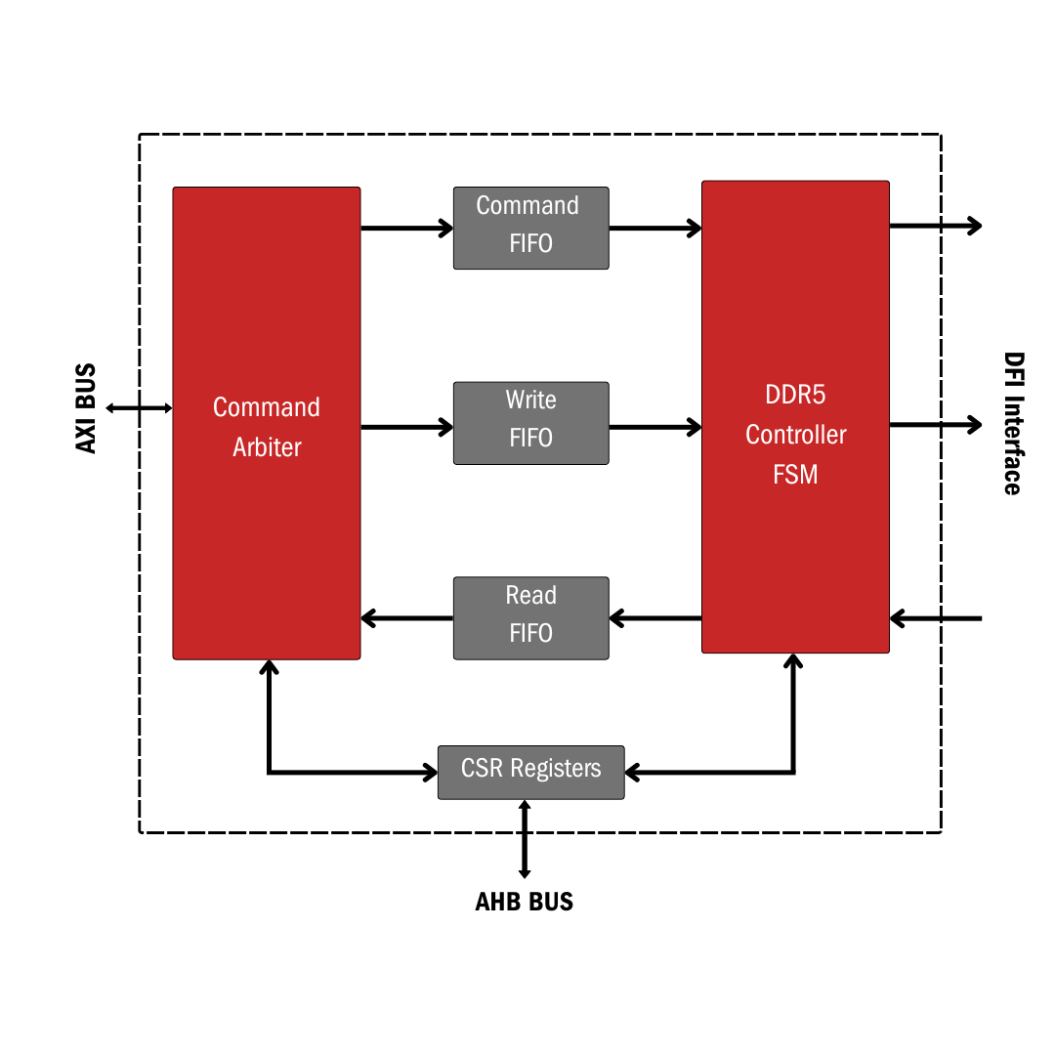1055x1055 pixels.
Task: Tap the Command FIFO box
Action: (530, 228)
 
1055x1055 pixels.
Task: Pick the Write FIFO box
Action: (530, 423)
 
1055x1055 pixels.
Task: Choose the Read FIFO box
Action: (530, 617)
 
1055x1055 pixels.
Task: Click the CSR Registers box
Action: (530, 772)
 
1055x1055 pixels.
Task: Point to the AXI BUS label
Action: (86, 408)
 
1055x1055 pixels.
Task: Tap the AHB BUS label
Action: (524, 902)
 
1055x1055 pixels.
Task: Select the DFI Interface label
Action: (1013, 424)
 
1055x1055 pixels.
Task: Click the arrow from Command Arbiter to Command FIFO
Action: (406, 229)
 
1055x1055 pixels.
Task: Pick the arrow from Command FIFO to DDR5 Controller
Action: (654, 229)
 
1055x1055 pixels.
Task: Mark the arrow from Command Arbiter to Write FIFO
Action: (406, 427)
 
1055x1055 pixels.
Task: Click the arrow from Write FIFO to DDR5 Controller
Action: (654, 427)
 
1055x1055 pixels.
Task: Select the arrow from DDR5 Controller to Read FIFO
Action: (654, 618)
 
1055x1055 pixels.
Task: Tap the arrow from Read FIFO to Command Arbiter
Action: (406, 618)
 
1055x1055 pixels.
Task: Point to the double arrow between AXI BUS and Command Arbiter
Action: (139, 407)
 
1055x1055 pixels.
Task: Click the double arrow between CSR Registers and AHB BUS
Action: (525, 838)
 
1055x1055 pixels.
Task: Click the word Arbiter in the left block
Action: (267, 447)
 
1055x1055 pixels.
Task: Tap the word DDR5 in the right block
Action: (795, 396)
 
